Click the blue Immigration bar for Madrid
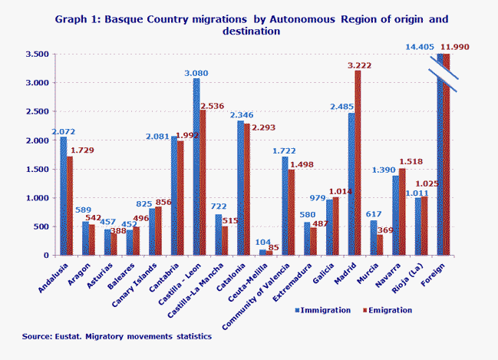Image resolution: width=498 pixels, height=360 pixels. tap(352, 184)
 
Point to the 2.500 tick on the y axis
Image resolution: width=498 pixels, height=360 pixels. tap(35, 112)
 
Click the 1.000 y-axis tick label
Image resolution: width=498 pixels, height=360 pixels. tap(35, 198)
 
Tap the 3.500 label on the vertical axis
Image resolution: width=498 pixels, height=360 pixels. tap(35, 54)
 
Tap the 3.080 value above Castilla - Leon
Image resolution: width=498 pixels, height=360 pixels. tap(196, 72)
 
